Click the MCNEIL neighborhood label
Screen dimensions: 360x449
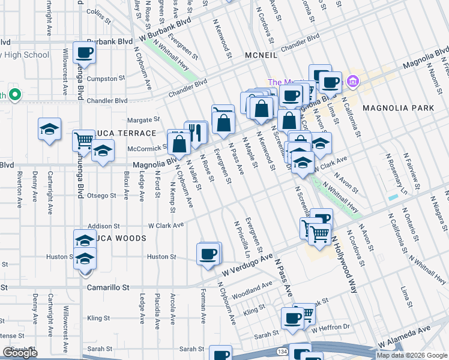coord(259,55)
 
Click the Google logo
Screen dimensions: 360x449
coord(20,353)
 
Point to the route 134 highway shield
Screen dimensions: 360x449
coord(281,350)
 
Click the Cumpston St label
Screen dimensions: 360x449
coord(105,78)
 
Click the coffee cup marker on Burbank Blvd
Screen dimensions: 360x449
coord(84,52)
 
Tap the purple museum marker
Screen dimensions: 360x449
coord(352,81)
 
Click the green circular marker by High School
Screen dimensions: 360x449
coord(16,95)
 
